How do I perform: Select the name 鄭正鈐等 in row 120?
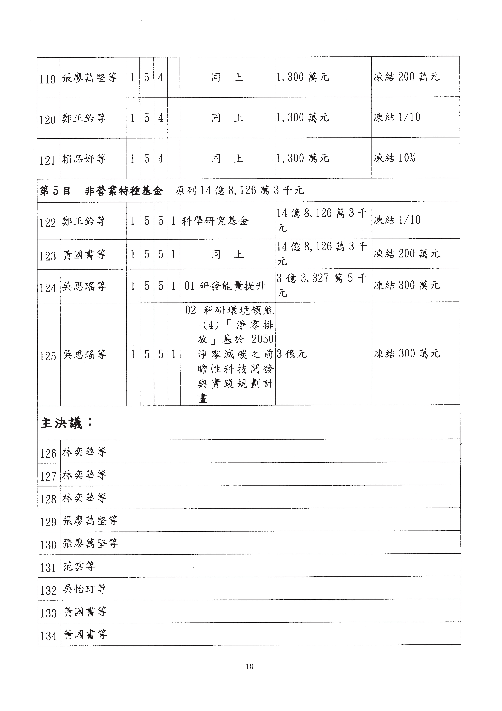tap(84, 118)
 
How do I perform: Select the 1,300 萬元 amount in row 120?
tap(303, 118)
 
